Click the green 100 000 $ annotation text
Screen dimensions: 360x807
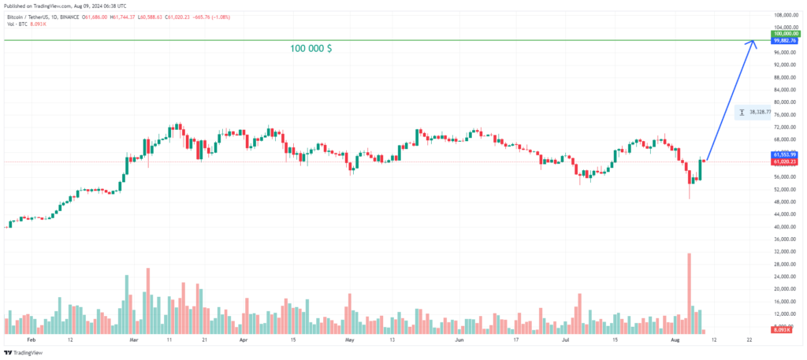(x=311, y=49)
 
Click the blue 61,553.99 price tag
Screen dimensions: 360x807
(x=783, y=154)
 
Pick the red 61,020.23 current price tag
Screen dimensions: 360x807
(x=783, y=161)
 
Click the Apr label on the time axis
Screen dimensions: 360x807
(x=243, y=340)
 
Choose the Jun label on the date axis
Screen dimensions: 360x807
(x=459, y=340)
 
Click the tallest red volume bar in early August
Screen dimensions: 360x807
(x=689, y=291)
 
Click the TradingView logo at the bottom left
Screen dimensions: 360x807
(x=23, y=353)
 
